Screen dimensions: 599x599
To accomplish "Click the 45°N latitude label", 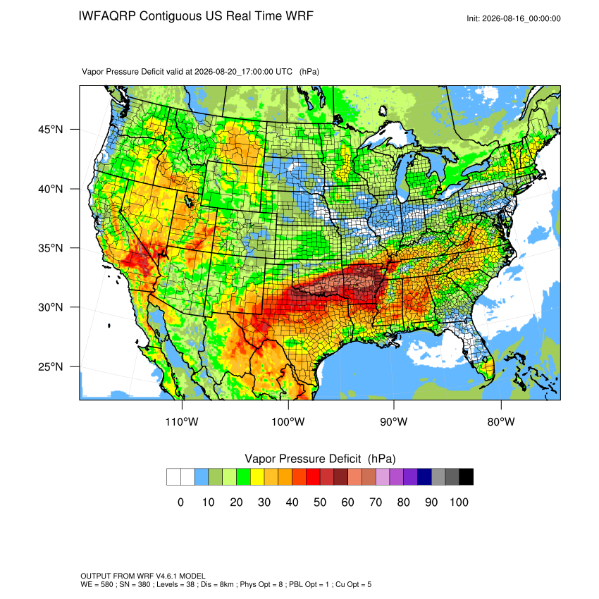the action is (x=51, y=130).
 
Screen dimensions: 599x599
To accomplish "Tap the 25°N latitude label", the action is (x=51, y=366).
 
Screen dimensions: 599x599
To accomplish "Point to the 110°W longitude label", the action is (x=182, y=421).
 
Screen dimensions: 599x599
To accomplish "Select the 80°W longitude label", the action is (x=501, y=421).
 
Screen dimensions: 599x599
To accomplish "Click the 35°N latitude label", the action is (x=51, y=248).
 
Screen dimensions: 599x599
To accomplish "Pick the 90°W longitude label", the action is (x=393, y=421).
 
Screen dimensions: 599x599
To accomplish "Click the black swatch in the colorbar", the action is (x=466, y=477).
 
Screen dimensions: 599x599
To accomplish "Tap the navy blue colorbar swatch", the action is (x=424, y=477).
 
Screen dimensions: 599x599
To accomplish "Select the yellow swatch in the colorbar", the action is (x=257, y=477).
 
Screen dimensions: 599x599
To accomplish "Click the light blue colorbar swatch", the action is (x=202, y=477).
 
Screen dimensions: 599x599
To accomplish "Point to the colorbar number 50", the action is (x=320, y=502).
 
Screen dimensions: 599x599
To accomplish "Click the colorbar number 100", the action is (x=459, y=502).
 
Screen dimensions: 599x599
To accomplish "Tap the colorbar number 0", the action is (x=180, y=502).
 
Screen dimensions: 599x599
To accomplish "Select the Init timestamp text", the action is (x=514, y=18).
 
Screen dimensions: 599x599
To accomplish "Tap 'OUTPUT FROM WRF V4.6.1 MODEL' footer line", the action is (x=143, y=576).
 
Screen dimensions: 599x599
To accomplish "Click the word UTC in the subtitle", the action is (x=284, y=71).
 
